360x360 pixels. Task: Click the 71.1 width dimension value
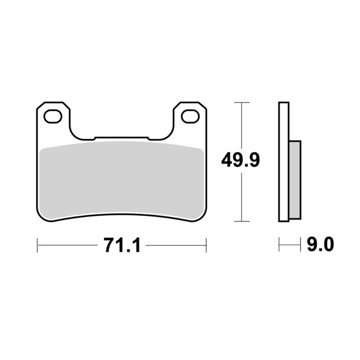click(x=122, y=245)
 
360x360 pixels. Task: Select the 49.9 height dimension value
click(x=240, y=160)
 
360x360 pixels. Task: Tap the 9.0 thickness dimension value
click(x=320, y=244)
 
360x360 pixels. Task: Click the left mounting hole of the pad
click(x=53, y=117)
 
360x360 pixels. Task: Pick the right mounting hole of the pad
click(x=190, y=117)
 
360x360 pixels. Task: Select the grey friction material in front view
click(x=121, y=179)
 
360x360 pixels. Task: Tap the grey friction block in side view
click(x=295, y=180)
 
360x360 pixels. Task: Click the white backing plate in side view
click(x=284, y=162)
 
